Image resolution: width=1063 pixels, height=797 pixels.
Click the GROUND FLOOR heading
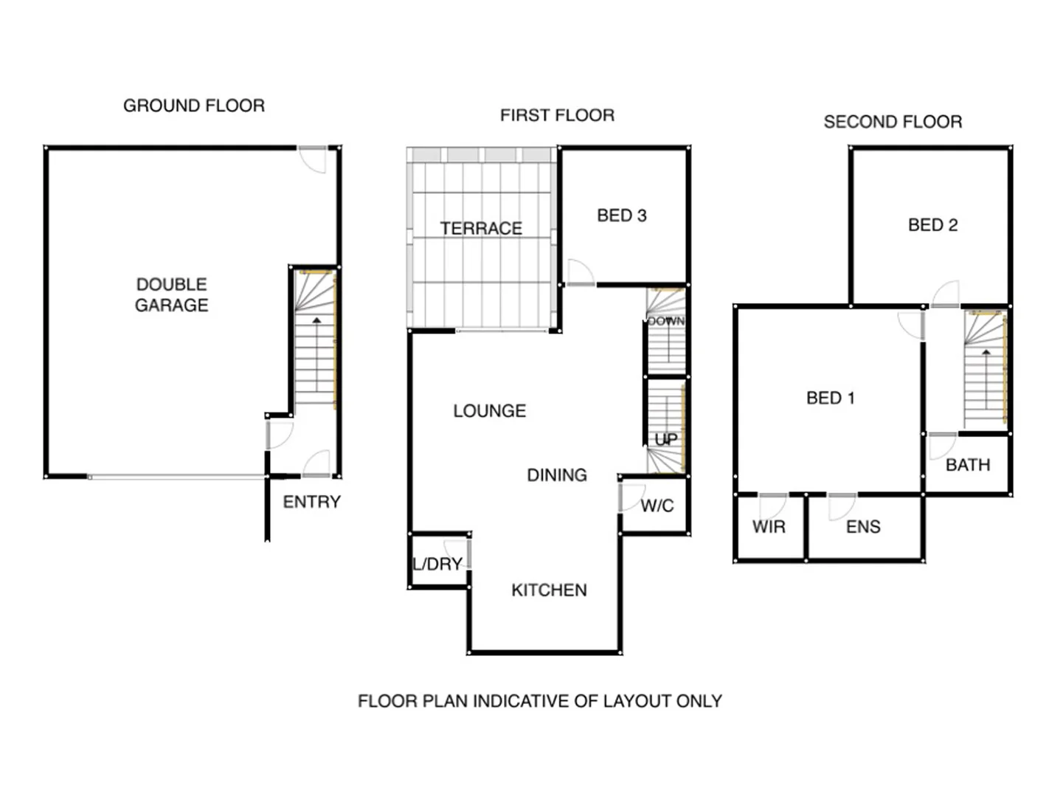193,106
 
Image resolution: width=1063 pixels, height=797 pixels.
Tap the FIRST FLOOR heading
557,115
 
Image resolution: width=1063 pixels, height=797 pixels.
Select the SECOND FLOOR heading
893,122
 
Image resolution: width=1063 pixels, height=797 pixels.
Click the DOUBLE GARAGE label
171,294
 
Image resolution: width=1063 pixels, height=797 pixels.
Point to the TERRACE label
481,228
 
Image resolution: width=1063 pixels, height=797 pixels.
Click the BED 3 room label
621,215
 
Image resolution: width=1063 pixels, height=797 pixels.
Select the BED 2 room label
932,225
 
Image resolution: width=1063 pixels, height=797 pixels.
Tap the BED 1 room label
830,398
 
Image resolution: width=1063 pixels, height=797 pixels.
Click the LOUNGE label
489,411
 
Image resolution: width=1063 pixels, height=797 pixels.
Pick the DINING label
556,475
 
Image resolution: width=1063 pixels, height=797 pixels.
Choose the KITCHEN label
549,590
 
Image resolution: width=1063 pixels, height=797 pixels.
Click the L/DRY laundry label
437,565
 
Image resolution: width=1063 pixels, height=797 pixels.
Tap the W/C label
657,506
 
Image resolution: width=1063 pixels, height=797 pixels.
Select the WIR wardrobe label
769,527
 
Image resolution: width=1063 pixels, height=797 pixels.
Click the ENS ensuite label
863,527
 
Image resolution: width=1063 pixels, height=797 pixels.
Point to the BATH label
967,465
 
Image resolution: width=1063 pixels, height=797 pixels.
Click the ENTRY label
311,502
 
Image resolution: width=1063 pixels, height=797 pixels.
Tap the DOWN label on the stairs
666,321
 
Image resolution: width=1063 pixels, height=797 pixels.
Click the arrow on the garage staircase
316,320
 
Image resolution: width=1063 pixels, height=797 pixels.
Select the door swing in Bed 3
580,272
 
